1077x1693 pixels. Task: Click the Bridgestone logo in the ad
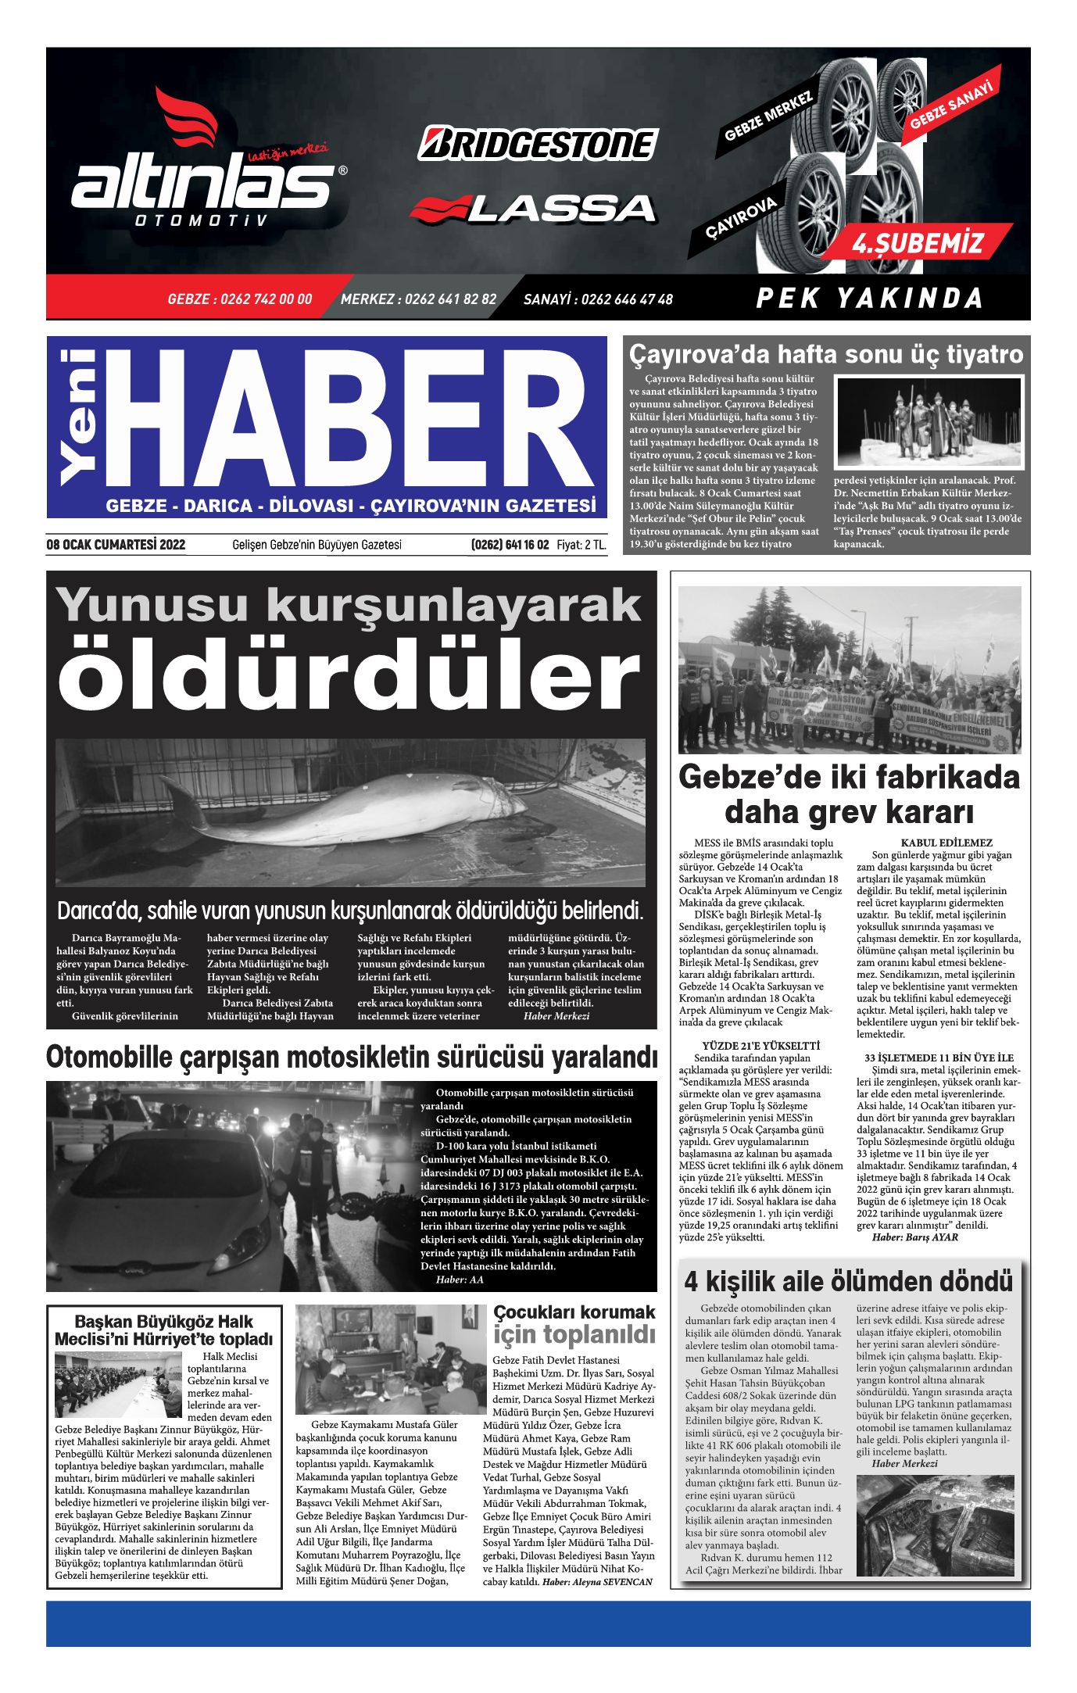pyautogui.click(x=538, y=144)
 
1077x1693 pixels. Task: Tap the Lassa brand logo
pyautogui.click(x=533, y=208)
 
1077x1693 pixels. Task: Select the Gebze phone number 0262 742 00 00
pyautogui.click(x=239, y=299)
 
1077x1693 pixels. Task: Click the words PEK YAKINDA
pyautogui.click(x=868, y=298)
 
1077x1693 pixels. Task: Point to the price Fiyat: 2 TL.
pyautogui.click(x=581, y=545)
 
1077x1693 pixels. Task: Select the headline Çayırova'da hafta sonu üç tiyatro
pyautogui.click(x=825, y=354)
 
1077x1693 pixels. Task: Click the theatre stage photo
pyautogui.click(x=929, y=422)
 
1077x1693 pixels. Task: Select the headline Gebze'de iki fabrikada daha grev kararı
pyautogui.click(x=849, y=794)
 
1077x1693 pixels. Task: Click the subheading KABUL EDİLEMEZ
pyautogui.click(x=946, y=843)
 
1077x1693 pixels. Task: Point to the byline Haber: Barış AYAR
pyautogui.click(x=914, y=1237)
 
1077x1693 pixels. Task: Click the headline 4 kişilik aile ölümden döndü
pyautogui.click(x=848, y=1282)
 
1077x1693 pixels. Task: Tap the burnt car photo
pyautogui.click(x=935, y=1525)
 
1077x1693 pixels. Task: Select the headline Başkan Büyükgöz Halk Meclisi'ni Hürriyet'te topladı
pyautogui.click(x=164, y=1330)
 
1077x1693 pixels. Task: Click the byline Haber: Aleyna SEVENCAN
pyautogui.click(x=597, y=1581)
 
